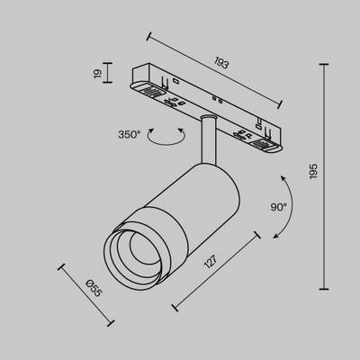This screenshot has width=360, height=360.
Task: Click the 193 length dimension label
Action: (x=221, y=63)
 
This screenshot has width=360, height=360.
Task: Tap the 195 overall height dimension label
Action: (x=313, y=171)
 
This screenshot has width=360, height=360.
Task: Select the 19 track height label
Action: (x=98, y=74)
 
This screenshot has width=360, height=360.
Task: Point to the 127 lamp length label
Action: (x=211, y=262)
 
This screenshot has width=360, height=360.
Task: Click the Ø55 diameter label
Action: (x=94, y=288)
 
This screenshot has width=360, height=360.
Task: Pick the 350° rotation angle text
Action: (x=130, y=135)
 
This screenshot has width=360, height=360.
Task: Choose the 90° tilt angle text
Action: (x=279, y=207)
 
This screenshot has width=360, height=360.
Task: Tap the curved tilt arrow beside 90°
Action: (x=290, y=207)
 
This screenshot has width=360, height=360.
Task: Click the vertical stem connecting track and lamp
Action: (x=209, y=139)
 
